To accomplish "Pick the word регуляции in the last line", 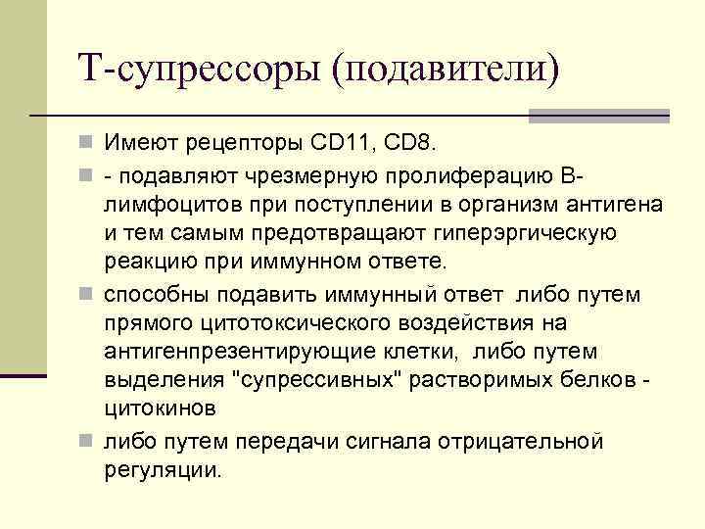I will [163, 469].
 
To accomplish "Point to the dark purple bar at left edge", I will [23, 375].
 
